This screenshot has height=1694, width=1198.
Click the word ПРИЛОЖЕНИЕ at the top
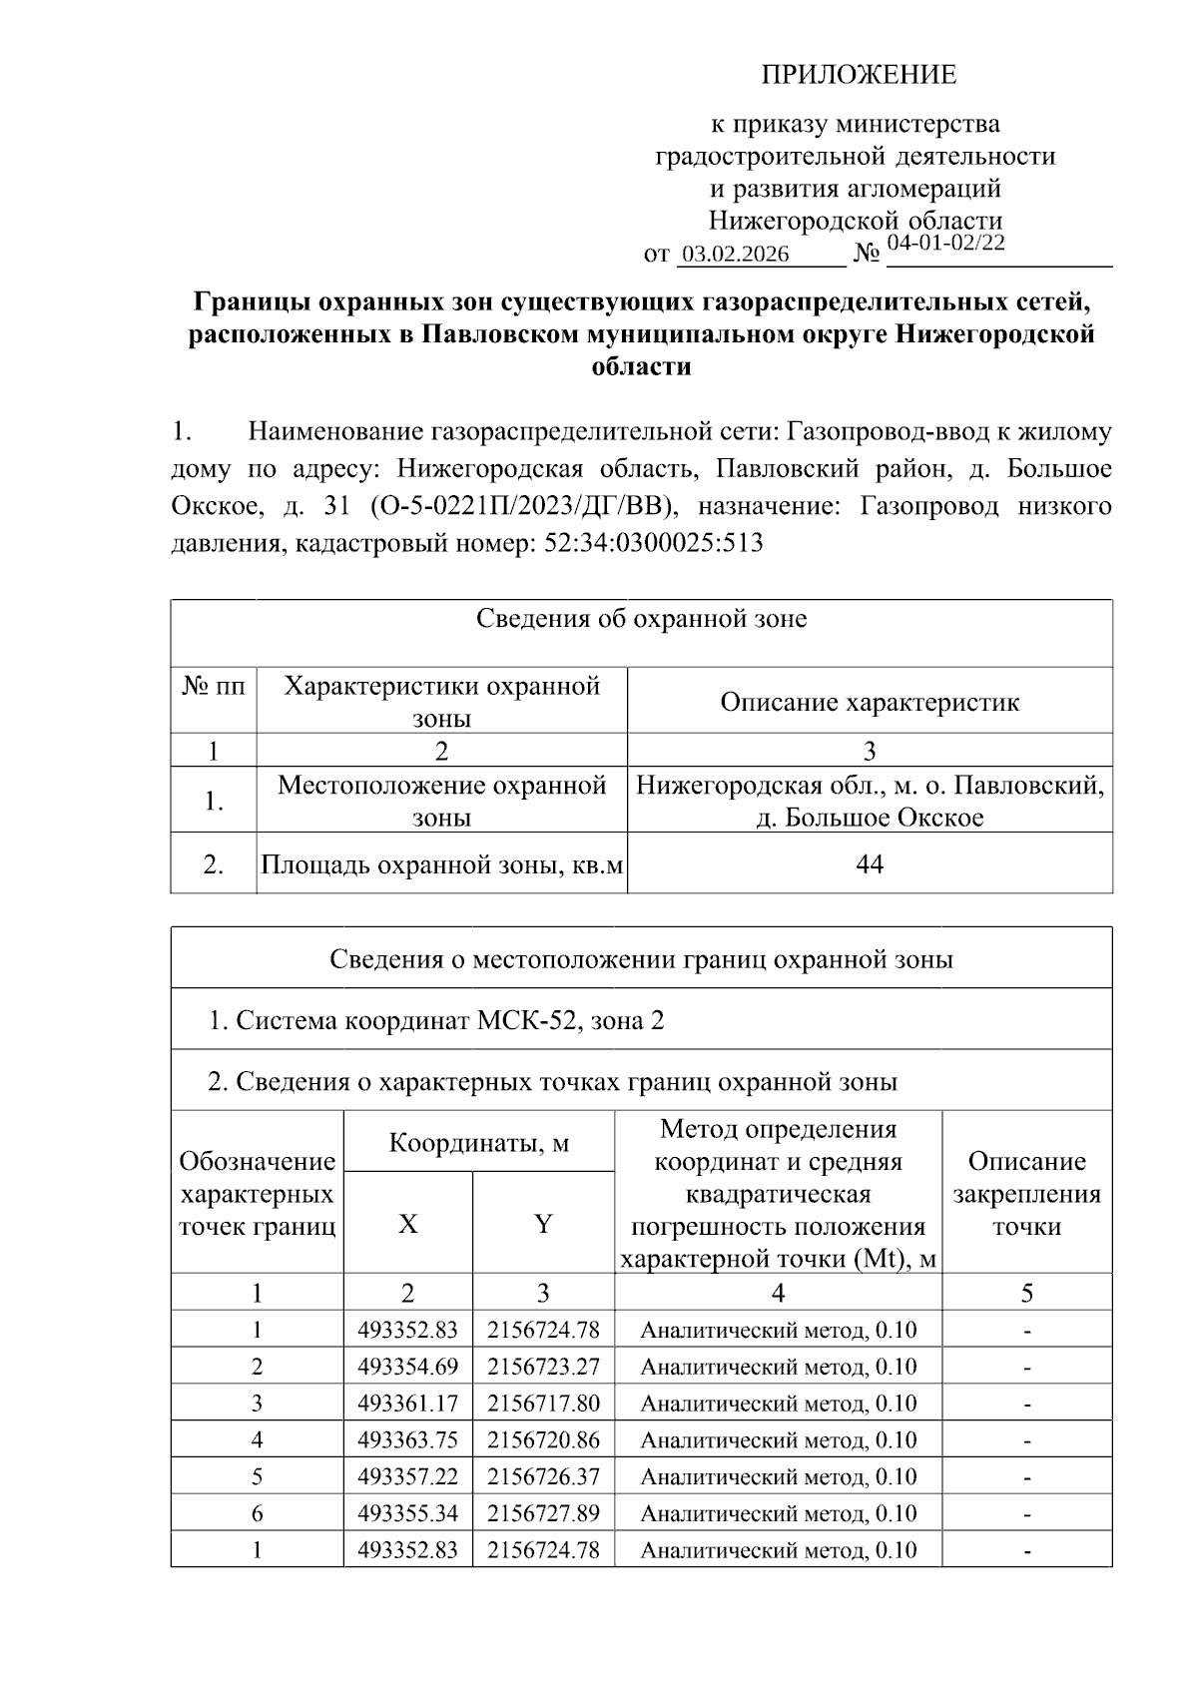coord(859,75)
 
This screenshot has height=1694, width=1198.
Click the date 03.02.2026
coord(735,255)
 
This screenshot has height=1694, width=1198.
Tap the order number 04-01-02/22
coord(945,243)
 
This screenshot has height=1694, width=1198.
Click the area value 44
coord(870,863)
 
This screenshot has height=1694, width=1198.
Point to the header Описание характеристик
coord(870,702)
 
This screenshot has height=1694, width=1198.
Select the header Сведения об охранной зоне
coord(641,619)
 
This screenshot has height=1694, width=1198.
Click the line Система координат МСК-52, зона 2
coord(436,1020)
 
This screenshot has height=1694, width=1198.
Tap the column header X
coord(408,1224)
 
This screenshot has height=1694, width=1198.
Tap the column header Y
coord(543,1224)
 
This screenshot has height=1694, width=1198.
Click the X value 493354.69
coord(407,1367)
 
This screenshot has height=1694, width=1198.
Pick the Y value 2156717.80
coord(543,1404)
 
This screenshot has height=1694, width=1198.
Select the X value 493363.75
coord(407,1440)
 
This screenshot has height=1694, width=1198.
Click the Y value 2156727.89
coord(543,1514)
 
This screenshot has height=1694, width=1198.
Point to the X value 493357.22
coord(407,1477)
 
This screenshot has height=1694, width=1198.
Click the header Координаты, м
coord(479,1142)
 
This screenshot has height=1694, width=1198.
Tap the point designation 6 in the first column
coord(257,1514)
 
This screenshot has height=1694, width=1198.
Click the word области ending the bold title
coord(641,367)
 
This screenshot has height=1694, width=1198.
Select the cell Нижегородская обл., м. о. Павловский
coord(870,786)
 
